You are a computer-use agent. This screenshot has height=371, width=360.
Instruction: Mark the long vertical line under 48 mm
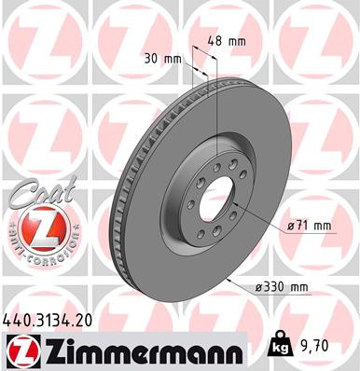pos(217,112)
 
